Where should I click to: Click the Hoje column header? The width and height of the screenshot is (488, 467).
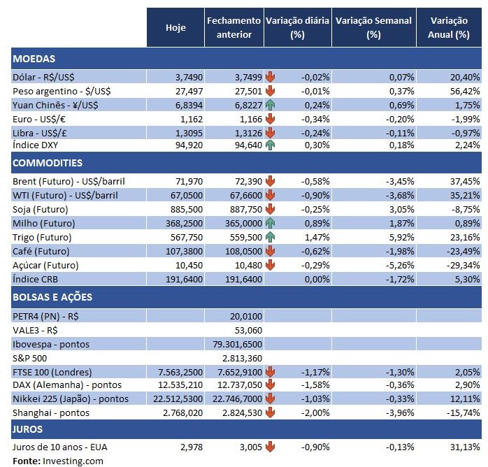pos(175,27)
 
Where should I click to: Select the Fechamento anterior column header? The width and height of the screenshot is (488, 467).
pos(234,27)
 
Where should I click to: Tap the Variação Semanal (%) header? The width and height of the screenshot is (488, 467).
pos(374,27)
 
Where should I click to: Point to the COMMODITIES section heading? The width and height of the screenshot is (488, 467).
pos(47,163)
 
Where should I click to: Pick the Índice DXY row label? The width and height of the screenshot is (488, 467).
pos(37,145)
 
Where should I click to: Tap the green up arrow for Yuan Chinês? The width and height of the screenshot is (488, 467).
pos(270,104)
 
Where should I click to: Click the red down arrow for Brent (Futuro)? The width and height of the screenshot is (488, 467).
pos(270,181)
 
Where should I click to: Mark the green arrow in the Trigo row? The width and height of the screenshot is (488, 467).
pos(270,237)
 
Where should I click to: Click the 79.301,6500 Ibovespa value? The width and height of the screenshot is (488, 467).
pos(238,344)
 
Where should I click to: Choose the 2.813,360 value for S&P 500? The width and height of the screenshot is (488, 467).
pos(239,358)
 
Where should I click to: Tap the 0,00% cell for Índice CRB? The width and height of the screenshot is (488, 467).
pos(316,279)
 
